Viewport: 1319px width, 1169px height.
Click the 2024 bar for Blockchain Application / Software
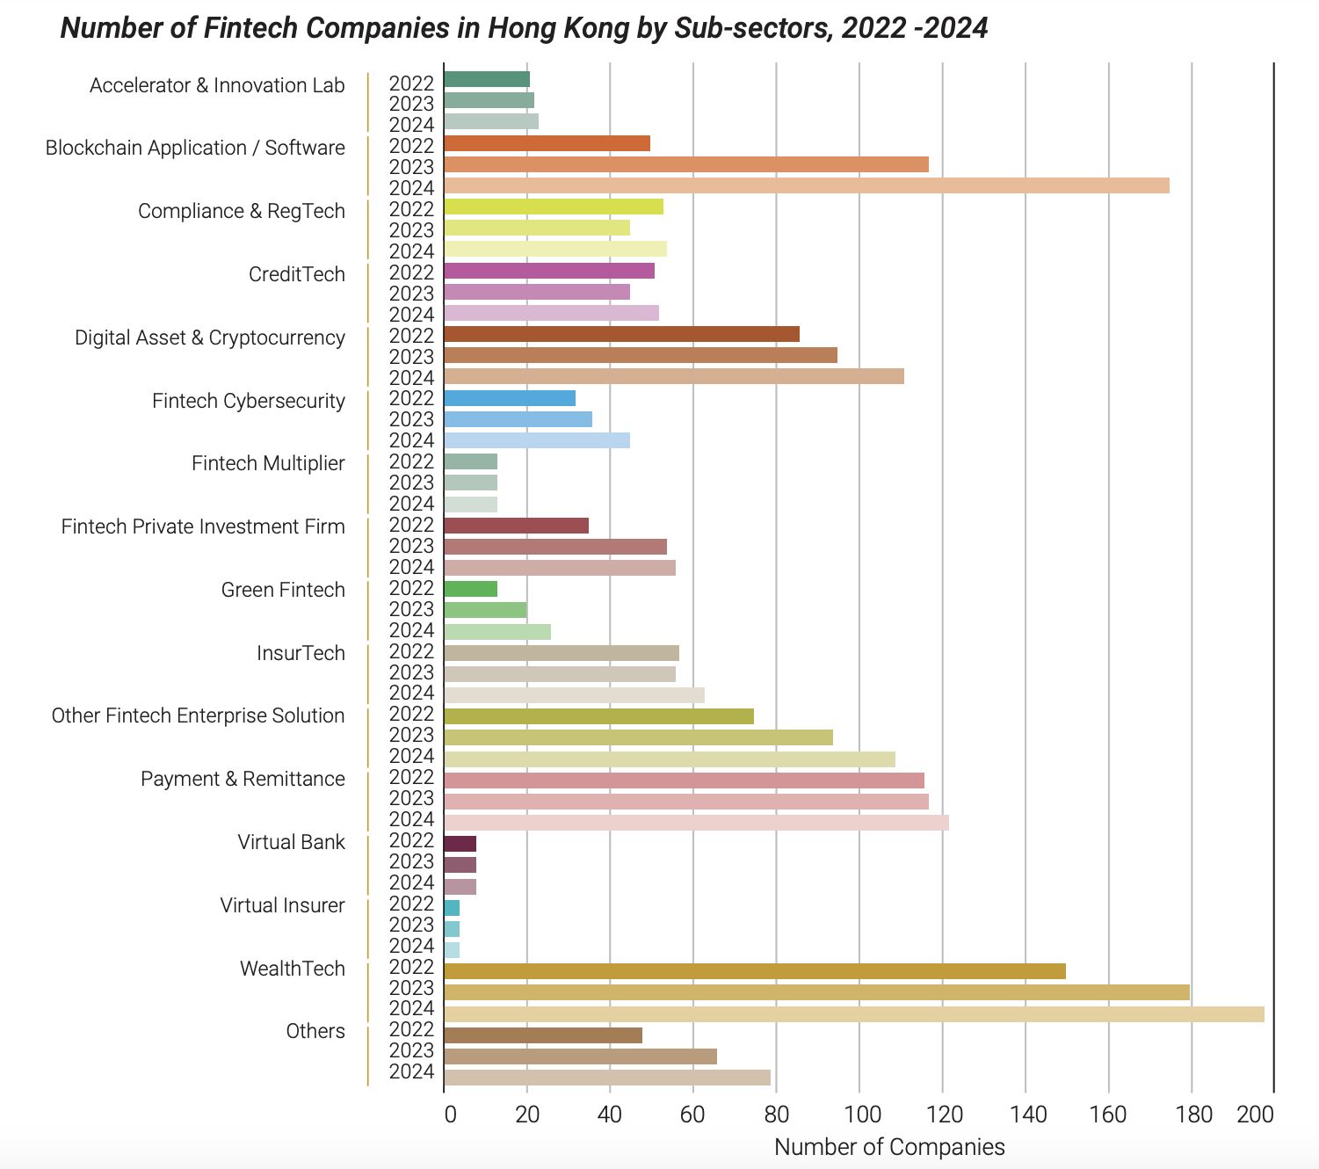coord(806,185)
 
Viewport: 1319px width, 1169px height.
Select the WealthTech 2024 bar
coord(853,1014)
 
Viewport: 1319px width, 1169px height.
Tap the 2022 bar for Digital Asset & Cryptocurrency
coord(621,334)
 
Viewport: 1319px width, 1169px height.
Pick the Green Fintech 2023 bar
coord(485,610)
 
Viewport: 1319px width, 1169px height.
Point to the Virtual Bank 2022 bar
coord(460,844)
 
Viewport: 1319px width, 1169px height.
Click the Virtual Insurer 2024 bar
coord(452,950)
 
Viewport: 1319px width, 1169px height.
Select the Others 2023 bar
coord(580,1056)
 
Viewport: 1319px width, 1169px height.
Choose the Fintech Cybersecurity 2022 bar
coord(510,398)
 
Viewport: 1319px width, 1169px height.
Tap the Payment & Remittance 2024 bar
coord(696,823)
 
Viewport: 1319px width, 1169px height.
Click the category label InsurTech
coord(301,653)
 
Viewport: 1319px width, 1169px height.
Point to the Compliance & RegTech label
coord(241,211)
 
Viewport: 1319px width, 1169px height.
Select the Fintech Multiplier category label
coord(268,463)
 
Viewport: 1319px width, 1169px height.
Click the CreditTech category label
coord(296,274)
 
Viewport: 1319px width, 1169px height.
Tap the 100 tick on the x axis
coord(862,1115)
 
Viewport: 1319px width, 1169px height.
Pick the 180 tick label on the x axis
coord(1193,1115)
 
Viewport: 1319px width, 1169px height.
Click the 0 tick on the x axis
coord(450,1115)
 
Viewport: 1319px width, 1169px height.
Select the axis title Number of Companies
coord(889,1147)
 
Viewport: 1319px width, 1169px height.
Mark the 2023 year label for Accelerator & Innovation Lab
coord(411,104)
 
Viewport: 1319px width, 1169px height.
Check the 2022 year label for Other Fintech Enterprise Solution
coord(411,714)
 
